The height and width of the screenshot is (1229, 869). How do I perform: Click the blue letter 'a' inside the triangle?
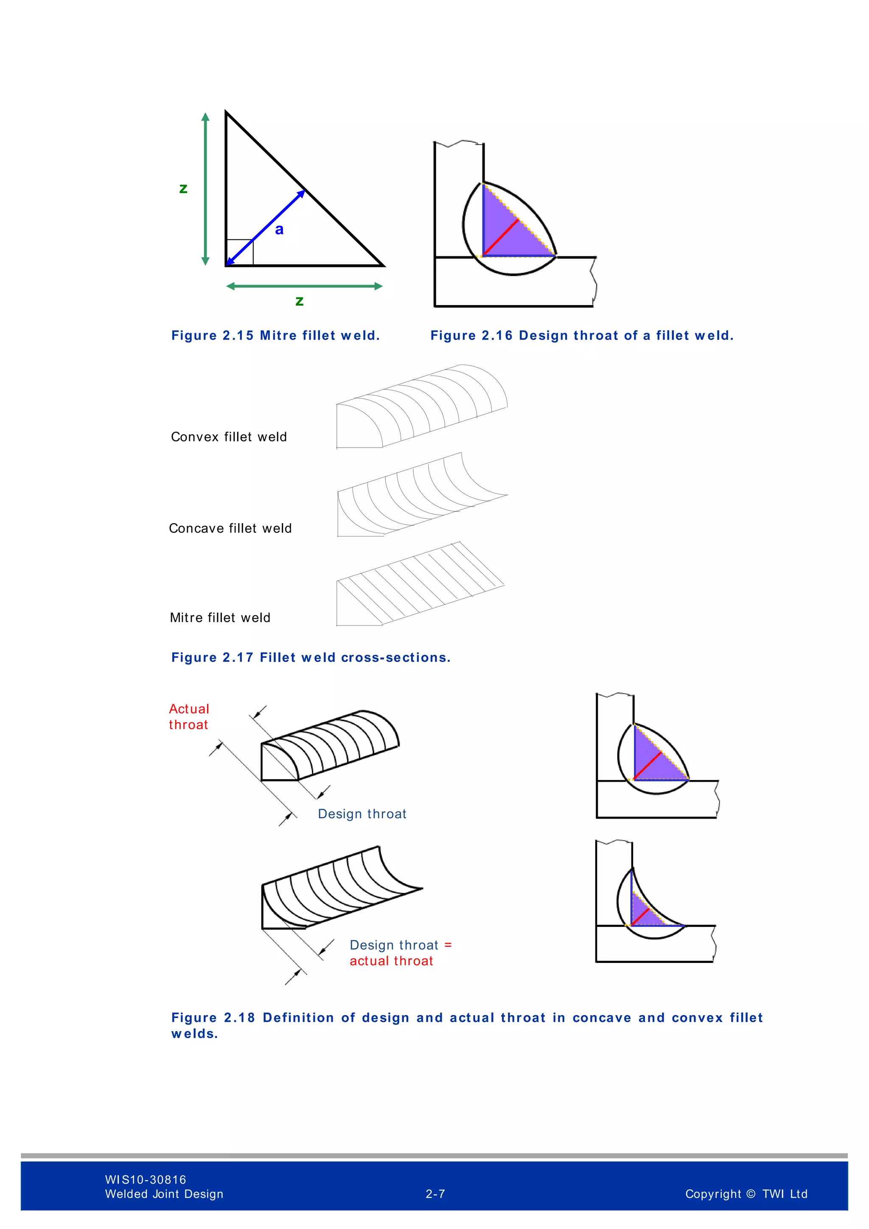pyautogui.click(x=279, y=230)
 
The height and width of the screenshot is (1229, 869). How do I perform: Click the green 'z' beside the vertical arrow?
pyautogui.click(x=183, y=188)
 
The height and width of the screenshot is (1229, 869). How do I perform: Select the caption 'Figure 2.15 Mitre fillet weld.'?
pyautogui.click(x=275, y=336)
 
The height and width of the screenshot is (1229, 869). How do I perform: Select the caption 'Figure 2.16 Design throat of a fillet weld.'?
pyautogui.click(x=582, y=336)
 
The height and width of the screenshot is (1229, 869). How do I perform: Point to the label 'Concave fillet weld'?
pyautogui.click(x=230, y=528)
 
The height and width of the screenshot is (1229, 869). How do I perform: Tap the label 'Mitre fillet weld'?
pyautogui.click(x=220, y=618)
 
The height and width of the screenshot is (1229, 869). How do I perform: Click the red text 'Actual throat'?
pyautogui.click(x=188, y=717)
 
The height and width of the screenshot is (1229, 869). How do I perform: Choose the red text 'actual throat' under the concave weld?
pyautogui.click(x=391, y=961)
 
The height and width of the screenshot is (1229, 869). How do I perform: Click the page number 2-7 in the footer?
pyautogui.click(x=435, y=1194)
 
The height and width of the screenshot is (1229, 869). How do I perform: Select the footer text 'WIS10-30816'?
pyautogui.click(x=146, y=1179)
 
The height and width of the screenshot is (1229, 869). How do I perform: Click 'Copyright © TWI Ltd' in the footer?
pyautogui.click(x=746, y=1194)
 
